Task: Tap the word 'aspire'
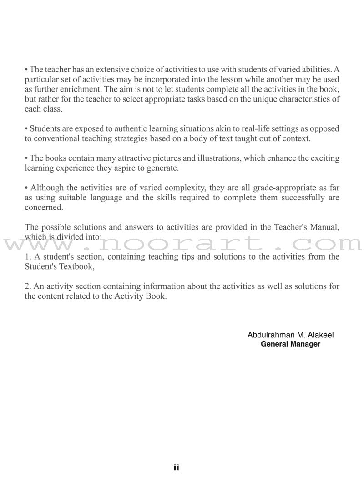[x=121, y=168]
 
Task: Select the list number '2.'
[x=28, y=287]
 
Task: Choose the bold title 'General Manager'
[x=290, y=344]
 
